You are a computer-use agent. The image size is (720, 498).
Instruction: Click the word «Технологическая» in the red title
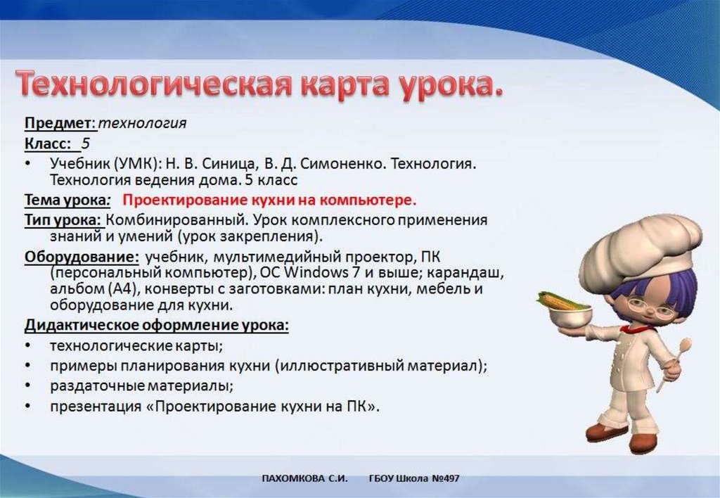click(154, 84)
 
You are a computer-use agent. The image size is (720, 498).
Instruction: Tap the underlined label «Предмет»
click(58, 123)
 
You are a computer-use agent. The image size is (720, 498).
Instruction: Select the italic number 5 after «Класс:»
click(85, 143)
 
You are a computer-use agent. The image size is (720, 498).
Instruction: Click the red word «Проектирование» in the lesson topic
click(186, 200)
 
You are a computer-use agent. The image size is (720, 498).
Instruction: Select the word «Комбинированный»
click(176, 220)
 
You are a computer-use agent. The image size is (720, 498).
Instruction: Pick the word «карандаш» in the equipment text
click(465, 274)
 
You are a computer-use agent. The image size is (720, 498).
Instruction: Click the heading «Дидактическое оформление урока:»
click(157, 325)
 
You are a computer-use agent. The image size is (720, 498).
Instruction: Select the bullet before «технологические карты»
click(28, 345)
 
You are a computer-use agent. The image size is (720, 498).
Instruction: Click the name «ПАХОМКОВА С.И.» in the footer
click(304, 479)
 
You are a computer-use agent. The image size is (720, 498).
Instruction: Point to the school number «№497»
click(445, 479)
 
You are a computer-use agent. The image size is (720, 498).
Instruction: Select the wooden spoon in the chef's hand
click(674, 364)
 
